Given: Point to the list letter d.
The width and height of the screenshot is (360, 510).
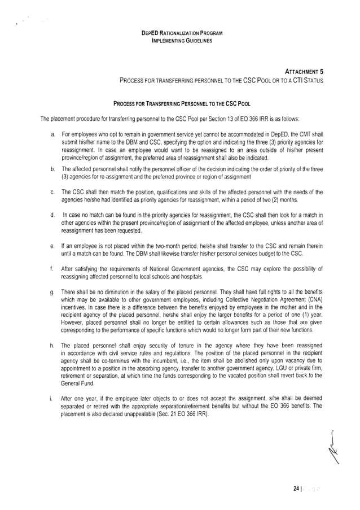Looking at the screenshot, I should pos(52,215).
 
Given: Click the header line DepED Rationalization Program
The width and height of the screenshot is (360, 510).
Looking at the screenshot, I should pos(182,34).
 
